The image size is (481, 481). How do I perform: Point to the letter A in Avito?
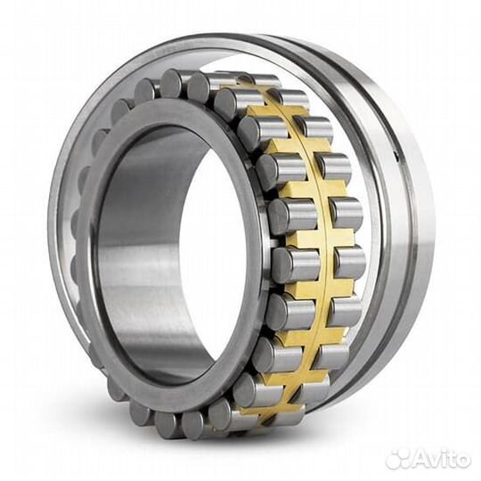(x=418, y=459)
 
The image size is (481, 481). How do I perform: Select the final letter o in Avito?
(x=462, y=460)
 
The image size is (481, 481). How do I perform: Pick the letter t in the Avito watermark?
(x=452, y=459)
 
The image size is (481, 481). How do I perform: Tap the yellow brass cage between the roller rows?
(x=307, y=240)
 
